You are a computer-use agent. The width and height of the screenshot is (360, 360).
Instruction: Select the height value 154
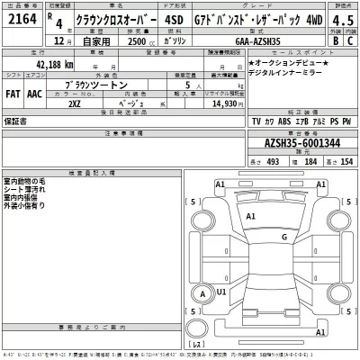pos(346,161)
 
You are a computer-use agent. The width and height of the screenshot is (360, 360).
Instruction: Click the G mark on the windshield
pos(283,238)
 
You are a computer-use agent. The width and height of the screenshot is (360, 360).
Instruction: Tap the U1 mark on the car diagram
pos(221,292)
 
